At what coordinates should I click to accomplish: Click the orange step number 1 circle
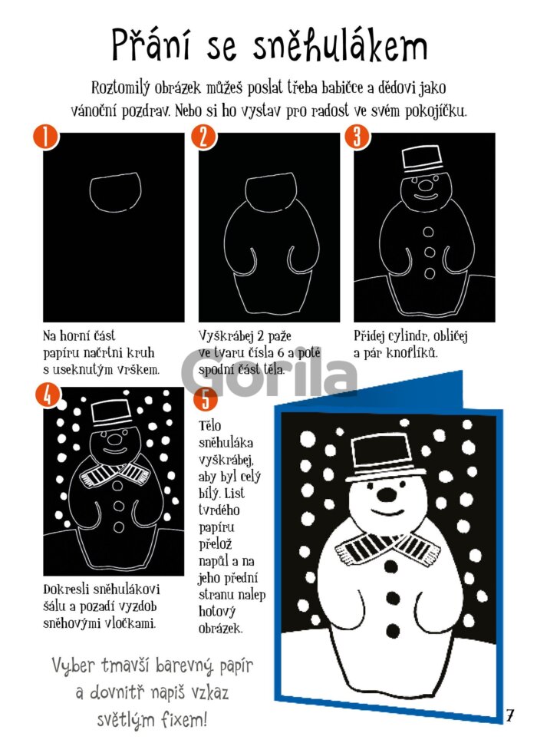pos(46,137)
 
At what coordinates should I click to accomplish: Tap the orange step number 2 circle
pos(203,137)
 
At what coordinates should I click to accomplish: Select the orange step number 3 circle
pos(357,137)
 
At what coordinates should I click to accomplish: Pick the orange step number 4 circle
pos(48,395)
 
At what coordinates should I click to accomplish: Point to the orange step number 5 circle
pos(206,399)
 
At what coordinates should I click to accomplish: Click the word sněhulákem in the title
pos(340,45)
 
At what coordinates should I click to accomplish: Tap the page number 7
pos(509,715)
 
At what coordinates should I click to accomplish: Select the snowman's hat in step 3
pos(421,161)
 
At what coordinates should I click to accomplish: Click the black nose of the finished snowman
pos(387,495)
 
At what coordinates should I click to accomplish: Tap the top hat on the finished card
pos(385,457)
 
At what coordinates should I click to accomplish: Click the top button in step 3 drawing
pos(428,232)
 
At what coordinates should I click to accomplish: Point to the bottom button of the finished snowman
pos(393,631)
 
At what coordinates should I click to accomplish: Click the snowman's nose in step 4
pos(114,438)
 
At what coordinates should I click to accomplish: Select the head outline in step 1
pos(116,193)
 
